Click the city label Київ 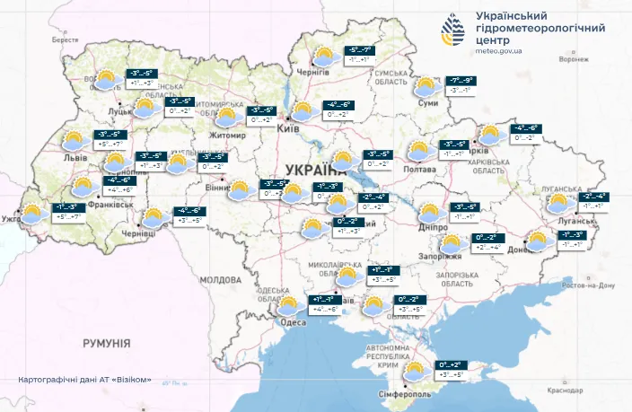pos(288,130)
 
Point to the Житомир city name pos(227,135)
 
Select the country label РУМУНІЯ pos(107,343)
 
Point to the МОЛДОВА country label pos(221,280)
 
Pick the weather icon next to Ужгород pos(33,214)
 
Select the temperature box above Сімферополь pos(450,369)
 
